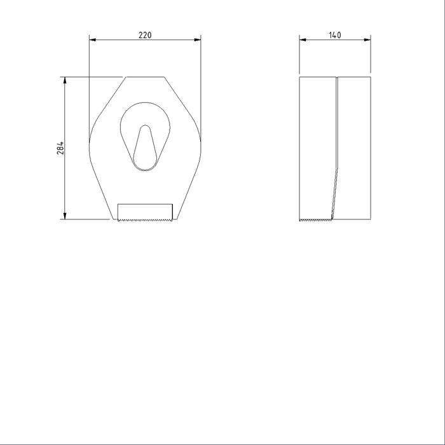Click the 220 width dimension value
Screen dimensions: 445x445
point(145,35)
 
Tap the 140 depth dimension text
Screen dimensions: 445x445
point(335,35)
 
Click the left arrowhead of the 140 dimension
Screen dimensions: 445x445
point(303,40)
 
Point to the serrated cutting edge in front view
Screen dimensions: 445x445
point(145,220)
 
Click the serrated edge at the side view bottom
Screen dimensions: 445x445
point(315,220)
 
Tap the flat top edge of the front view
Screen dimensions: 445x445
point(145,78)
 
